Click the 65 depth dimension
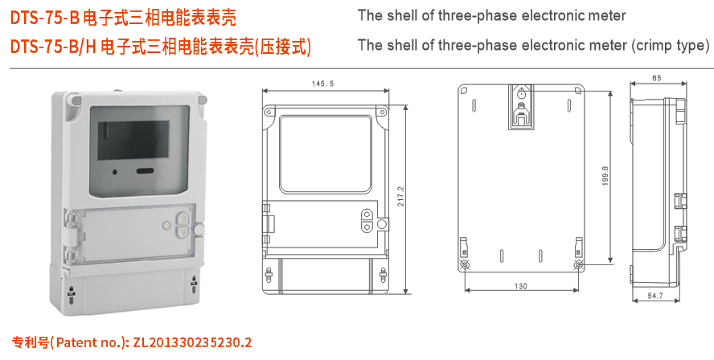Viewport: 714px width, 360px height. click(x=657, y=78)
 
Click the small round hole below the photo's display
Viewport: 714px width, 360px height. click(x=116, y=171)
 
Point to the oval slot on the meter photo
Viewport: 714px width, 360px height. click(x=145, y=171)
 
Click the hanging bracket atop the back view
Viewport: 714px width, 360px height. click(x=521, y=108)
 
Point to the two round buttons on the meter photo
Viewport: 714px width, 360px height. click(x=181, y=222)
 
